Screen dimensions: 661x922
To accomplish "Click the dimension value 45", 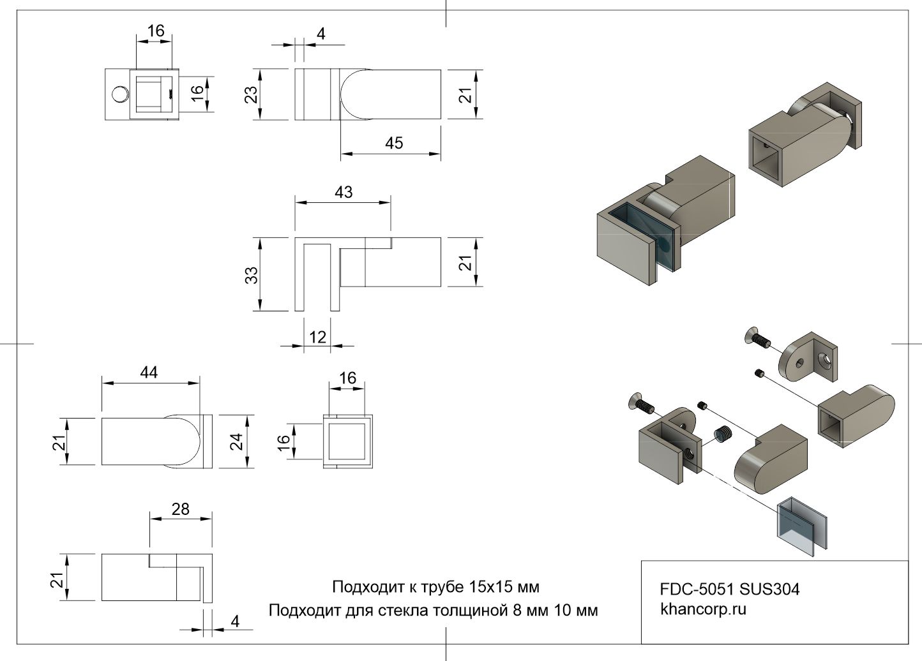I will point(394,143).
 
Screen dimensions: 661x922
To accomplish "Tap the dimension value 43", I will point(344,192).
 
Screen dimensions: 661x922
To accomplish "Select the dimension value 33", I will point(252,274).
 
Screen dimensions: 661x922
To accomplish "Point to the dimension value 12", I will point(318,336).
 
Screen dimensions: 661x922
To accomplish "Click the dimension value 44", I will point(149,372).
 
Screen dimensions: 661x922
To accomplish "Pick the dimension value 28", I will point(181,509).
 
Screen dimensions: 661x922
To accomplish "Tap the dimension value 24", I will point(237,441).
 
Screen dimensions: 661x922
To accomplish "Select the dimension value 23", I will point(252,94).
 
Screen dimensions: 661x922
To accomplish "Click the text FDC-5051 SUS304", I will point(729,589).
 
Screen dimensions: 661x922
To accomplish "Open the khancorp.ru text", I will point(703,609).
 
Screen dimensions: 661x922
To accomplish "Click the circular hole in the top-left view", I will point(119,94).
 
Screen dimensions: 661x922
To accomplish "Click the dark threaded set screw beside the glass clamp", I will point(722,435).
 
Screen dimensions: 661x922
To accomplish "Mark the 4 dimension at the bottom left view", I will point(235,621).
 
